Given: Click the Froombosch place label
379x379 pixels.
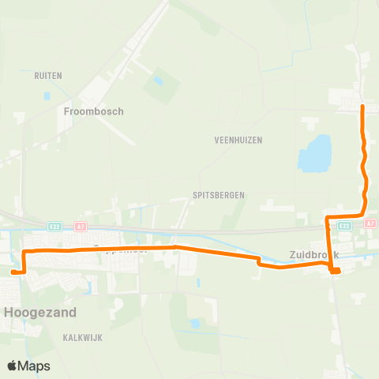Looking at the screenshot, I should tap(93, 111).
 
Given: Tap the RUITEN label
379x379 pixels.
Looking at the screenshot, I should tap(48, 76).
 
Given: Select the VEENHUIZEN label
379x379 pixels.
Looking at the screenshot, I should tap(238, 140).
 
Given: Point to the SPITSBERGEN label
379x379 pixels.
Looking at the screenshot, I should tap(219, 194).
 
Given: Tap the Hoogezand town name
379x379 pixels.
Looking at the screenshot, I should tap(40, 312).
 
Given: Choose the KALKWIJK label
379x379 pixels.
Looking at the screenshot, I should tap(83, 337).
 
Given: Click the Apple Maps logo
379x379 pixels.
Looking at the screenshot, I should tap(28, 366).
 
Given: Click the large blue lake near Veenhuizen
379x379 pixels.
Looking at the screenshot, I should tap(314, 154).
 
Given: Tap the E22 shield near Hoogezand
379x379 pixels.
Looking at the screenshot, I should tap(54, 226).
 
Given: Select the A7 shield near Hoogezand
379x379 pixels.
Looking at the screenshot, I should tap(80, 226).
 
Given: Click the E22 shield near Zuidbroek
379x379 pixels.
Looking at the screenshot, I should tap(344, 225).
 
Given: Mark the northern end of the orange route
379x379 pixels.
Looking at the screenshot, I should tap(362, 107).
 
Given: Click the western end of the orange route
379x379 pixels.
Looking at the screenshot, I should tap(13, 272).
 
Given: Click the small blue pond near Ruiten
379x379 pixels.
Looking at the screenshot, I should tap(47, 96).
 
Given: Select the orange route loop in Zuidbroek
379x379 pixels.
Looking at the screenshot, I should tap(335, 271).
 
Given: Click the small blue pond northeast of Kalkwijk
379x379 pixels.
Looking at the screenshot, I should tap(194, 323).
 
